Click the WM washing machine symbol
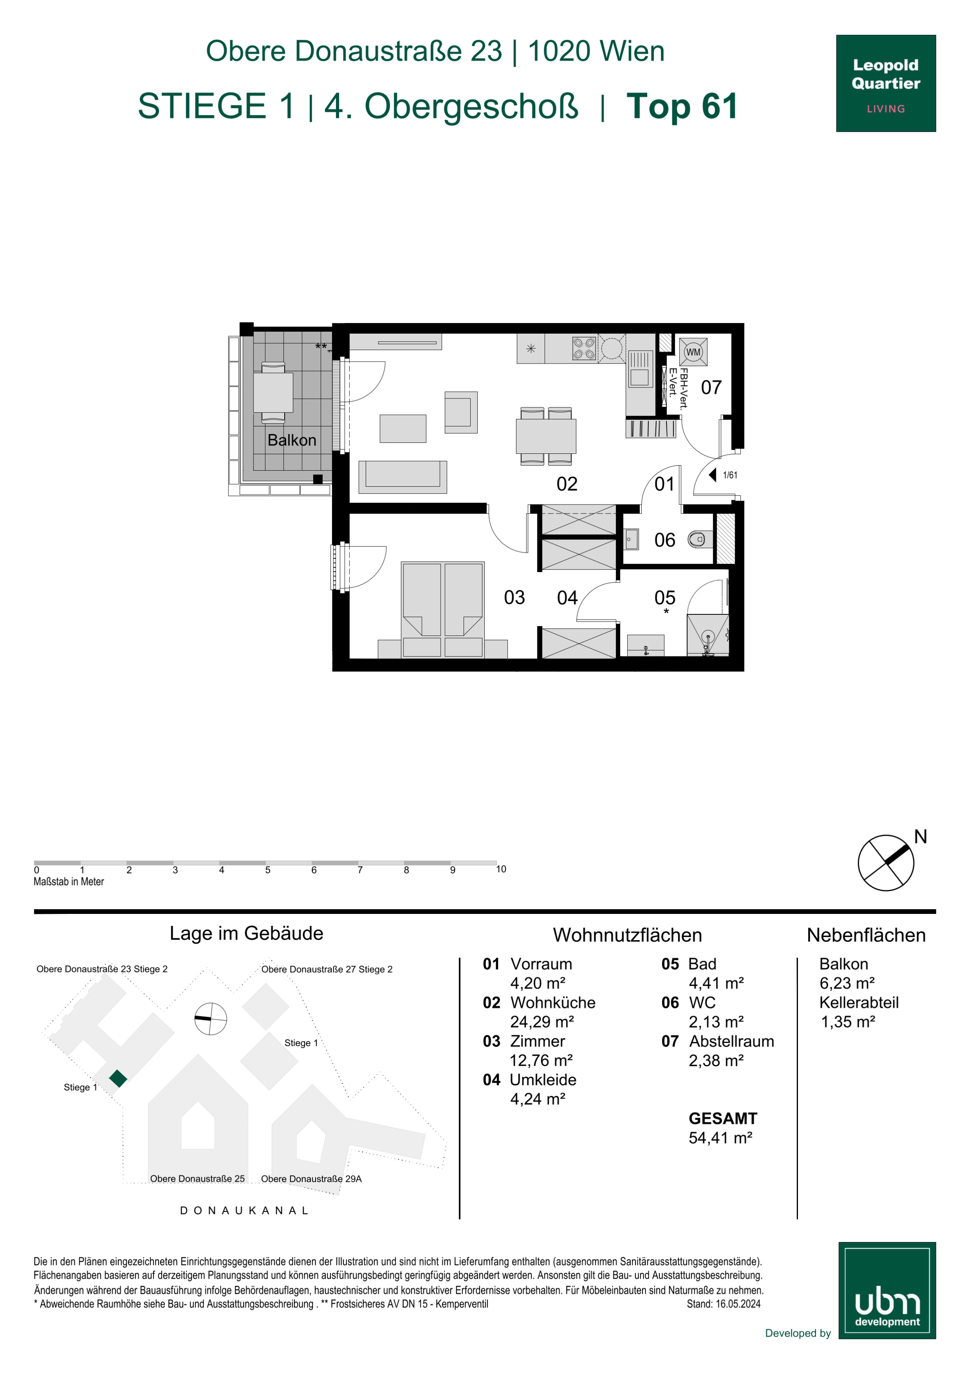click(x=694, y=351)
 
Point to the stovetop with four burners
click(x=584, y=348)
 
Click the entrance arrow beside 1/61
click(x=712, y=475)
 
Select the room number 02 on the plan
click(x=567, y=484)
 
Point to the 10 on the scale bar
click(x=501, y=869)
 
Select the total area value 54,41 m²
click(x=720, y=1138)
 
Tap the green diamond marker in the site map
click(x=119, y=1078)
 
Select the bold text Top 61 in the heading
click(x=682, y=106)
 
